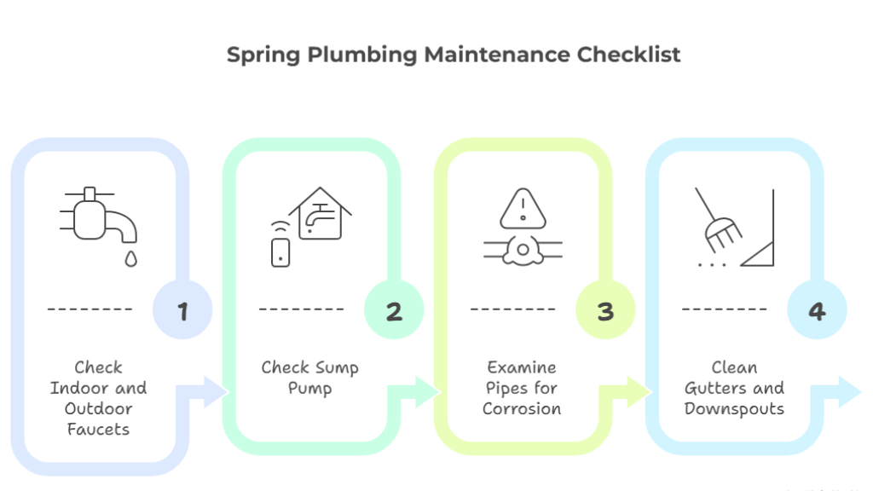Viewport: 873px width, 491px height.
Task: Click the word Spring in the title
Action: [x=263, y=55]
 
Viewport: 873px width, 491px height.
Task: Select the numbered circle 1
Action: [x=182, y=309]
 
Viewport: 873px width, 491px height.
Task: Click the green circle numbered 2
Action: [x=394, y=309]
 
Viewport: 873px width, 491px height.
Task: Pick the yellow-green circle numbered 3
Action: [x=605, y=309]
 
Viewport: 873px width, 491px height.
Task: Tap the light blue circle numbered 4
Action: [x=817, y=309]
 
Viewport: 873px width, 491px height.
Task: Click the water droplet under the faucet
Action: [x=130, y=259]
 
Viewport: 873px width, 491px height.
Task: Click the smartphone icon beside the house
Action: [x=280, y=252]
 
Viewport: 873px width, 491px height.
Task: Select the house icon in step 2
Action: [x=321, y=213]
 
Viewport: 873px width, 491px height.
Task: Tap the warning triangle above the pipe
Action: [x=523, y=209]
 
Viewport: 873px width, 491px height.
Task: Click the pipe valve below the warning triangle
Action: [x=523, y=250]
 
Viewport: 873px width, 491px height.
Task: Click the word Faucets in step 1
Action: [x=99, y=430]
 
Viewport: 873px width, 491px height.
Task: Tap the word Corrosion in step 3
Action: [x=522, y=408]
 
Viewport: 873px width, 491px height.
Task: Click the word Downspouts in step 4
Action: [x=734, y=409]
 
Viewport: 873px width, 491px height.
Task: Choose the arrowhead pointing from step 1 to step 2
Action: [x=217, y=392]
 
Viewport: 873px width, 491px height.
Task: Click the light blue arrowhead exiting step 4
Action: [x=850, y=392]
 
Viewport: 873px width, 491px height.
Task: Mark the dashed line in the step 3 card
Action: [x=512, y=309]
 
